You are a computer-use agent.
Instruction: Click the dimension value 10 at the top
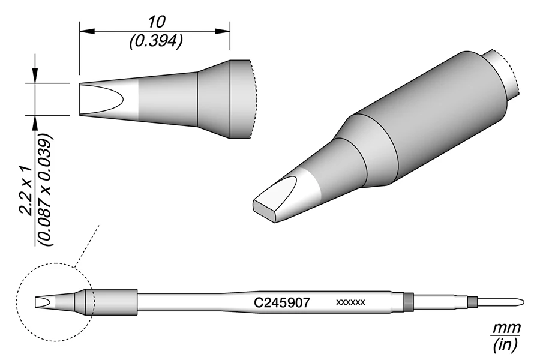[x=155, y=22]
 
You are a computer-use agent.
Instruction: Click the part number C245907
[x=281, y=303]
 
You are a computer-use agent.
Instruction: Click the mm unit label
[x=506, y=328]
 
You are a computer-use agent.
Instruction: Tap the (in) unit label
[x=506, y=345]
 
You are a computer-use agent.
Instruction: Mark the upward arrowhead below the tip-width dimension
[x=35, y=119]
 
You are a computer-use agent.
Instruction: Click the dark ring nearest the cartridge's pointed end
[x=473, y=301]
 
